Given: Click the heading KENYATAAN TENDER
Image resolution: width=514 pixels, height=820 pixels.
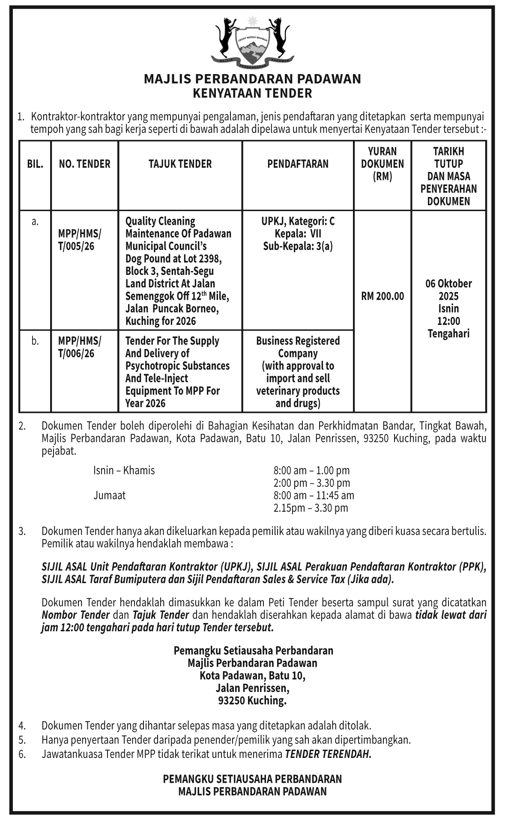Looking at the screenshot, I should (x=252, y=93).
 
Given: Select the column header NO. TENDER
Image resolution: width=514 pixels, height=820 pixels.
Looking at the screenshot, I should (x=85, y=164).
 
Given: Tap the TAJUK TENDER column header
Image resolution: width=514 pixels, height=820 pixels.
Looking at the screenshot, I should (x=180, y=164).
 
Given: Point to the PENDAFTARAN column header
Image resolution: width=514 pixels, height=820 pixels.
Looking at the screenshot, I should (x=298, y=164).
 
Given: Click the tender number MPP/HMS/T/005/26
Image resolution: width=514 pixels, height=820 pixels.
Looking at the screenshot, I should (x=80, y=240).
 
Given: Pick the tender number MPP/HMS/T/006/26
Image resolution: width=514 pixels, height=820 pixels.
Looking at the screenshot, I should (x=80, y=347).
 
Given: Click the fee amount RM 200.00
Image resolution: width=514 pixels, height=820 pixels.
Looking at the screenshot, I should (x=383, y=296).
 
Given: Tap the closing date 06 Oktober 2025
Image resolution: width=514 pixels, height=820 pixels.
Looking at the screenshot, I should (x=448, y=290).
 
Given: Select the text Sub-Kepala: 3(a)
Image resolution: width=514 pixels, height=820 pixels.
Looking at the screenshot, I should (x=298, y=246).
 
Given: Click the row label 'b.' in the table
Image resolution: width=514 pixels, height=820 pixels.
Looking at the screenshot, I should (x=35, y=341).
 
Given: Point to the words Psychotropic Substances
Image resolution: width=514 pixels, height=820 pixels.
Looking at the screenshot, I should (x=177, y=366).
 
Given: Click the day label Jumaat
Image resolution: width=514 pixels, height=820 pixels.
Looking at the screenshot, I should (x=110, y=496).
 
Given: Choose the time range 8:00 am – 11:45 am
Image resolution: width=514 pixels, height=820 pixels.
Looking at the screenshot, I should (x=314, y=496).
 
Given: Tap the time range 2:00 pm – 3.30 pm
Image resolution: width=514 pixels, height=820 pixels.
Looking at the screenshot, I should (x=312, y=483).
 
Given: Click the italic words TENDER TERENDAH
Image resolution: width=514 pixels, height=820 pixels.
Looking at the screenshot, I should (x=328, y=754).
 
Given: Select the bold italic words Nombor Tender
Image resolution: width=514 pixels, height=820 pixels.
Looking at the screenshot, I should (x=76, y=615).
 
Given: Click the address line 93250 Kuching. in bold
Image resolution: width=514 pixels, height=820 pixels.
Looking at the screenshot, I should (x=252, y=701).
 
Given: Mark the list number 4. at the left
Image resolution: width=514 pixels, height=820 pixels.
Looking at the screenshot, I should (x=22, y=726).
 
